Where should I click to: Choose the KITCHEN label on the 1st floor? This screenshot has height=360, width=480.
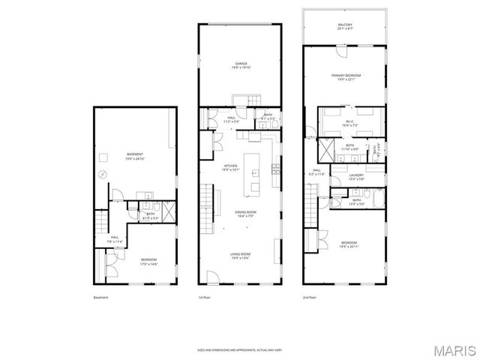[230, 168]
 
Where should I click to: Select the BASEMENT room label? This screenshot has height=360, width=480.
[134, 156]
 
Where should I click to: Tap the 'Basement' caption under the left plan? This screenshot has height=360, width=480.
[100, 298]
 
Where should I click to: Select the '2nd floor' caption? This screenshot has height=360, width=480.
[310, 298]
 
